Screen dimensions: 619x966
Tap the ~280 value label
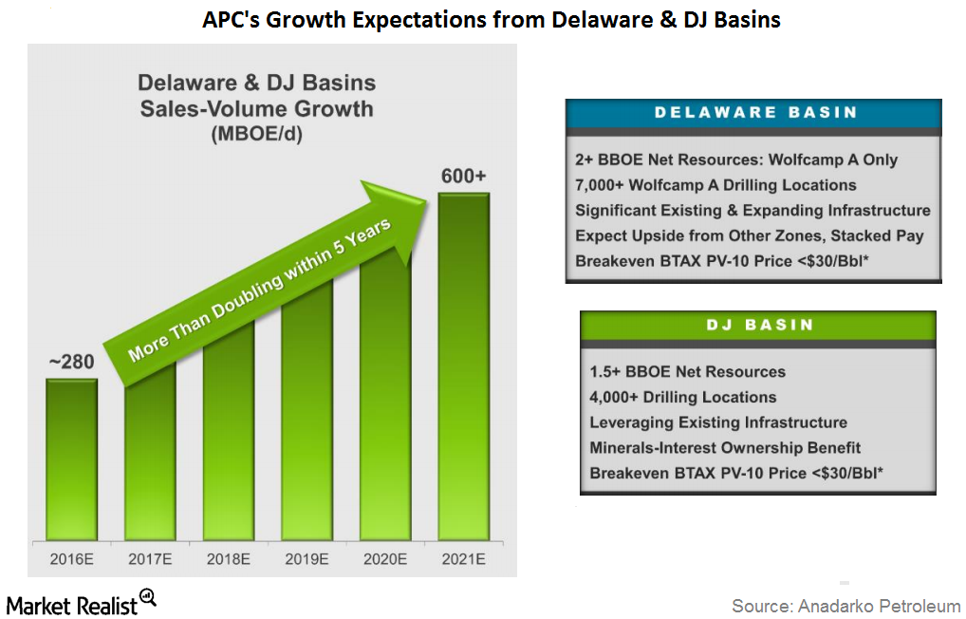coord(72,362)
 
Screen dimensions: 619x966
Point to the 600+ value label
coord(463,177)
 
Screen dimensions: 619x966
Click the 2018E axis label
coord(228,560)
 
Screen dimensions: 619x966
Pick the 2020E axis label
coord(384,560)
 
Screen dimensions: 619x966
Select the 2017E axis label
coord(149,560)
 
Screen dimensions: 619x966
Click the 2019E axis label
coord(306,560)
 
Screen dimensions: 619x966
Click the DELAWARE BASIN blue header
coord(753,113)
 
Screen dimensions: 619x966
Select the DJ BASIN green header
coord(757,325)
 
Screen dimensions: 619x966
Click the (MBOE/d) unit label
coord(256,135)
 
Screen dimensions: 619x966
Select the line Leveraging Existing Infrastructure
coord(718,422)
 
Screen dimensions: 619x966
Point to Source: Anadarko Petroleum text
coord(845,605)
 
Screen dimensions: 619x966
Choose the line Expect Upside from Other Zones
coord(750,234)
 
